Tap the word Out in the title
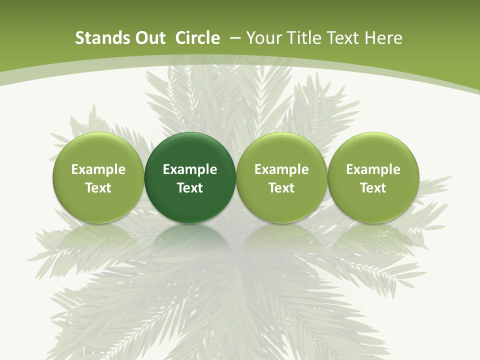(148, 38)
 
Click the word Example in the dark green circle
(190, 169)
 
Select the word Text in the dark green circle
(190, 188)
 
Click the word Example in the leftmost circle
(98, 169)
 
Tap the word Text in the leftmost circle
(98, 188)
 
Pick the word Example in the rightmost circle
(373, 169)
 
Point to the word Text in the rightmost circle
(373, 188)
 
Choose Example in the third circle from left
(281, 169)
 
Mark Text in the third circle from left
(281, 188)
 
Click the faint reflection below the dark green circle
(190, 240)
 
